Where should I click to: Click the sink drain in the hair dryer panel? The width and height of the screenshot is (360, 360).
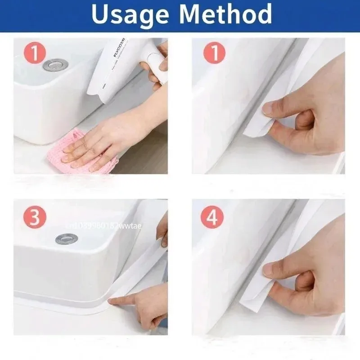tap(55, 64)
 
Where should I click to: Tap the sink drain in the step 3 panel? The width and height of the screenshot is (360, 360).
tap(67, 238)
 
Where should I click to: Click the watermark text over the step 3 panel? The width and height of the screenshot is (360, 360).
tap(103, 225)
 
